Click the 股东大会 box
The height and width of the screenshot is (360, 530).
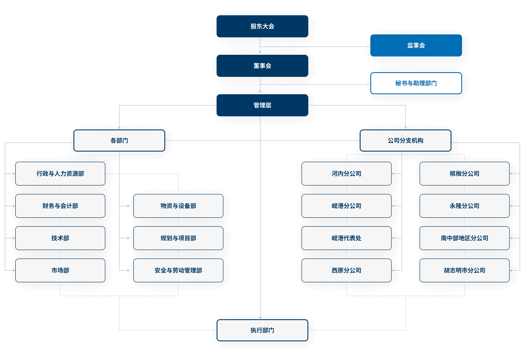coord(262,26)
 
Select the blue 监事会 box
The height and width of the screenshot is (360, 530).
coord(416,45)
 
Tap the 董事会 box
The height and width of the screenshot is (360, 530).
coord(262,66)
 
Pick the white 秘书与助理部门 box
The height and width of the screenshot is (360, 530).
coord(416,83)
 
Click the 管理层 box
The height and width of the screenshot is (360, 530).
coord(262,105)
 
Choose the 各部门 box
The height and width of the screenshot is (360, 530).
coord(119,141)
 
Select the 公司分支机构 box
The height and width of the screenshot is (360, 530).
coord(405,141)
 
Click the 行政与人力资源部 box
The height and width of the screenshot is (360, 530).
coord(60,174)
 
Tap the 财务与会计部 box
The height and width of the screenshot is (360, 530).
coord(60,206)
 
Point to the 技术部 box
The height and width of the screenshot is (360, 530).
coord(60,238)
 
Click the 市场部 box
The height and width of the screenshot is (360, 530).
coord(60,270)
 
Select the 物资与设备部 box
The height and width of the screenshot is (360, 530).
coord(178,206)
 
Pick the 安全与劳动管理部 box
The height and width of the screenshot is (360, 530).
coord(178,270)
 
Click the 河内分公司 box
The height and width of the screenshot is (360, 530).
coord(347,174)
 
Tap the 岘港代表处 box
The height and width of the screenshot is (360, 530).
coord(347,238)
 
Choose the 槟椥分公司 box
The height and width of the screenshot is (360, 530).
coord(465,174)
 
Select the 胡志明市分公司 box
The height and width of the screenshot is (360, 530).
coord(465,270)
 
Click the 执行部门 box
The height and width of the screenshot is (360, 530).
coord(262,330)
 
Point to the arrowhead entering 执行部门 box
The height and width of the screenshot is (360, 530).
coord(260,318)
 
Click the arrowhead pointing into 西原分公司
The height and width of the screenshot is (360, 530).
coord(393,270)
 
